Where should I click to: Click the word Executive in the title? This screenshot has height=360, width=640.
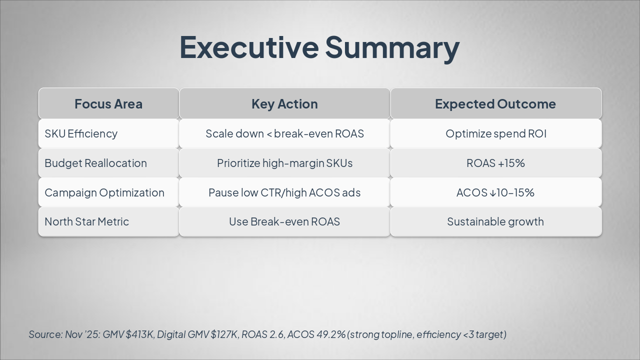click(x=248, y=47)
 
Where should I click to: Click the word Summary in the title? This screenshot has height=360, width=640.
click(x=392, y=47)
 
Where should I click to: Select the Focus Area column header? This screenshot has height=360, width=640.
click(x=108, y=104)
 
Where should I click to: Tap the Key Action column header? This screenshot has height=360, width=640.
click(x=284, y=104)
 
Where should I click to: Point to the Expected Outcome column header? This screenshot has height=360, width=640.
click(x=495, y=104)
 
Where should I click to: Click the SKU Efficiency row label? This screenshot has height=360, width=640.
click(x=81, y=133)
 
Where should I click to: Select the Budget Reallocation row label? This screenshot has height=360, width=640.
click(x=95, y=163)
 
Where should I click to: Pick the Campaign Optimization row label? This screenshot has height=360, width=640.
click(x=104, y=192)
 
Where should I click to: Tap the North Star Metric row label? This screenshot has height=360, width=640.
click(x=86, y=221)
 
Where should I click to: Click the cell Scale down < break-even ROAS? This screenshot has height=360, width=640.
click(x=284, y=133)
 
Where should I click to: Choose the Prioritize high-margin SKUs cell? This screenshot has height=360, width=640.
click(x=284, y=163)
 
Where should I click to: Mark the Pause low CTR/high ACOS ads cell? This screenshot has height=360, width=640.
click(x=284, y=192)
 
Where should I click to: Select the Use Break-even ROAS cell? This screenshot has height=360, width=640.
click(x=284, y=221)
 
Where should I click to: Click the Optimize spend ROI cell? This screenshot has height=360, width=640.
click(x=495, y=133)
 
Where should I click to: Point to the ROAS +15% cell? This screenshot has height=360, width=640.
click(x=495, y=163)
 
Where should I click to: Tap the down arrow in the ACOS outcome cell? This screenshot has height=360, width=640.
click(x=493, y=193)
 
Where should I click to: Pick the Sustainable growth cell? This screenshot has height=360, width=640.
click(x=495, y=221)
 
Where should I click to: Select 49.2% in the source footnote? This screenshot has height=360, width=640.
click(x=331, y=334)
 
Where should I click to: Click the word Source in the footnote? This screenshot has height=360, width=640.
click(x=45, y=334)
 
